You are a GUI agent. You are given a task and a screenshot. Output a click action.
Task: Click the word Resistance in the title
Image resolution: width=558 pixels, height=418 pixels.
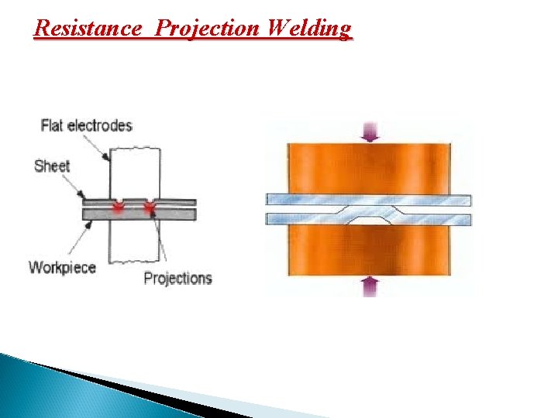(88, 29)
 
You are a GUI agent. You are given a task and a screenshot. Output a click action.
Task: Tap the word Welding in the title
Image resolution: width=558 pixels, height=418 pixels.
(308, 29)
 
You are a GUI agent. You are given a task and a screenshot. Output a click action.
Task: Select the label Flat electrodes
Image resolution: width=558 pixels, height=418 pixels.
(86, 125)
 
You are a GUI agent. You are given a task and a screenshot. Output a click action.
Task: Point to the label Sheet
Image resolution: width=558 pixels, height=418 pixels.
(52, 165)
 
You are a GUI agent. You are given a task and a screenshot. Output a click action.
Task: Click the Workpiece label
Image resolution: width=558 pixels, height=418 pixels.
(62, 268)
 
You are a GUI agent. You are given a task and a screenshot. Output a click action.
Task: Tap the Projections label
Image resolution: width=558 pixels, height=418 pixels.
(177, 278)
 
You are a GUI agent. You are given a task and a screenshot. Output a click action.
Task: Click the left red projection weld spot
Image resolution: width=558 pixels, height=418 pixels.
(119, 206)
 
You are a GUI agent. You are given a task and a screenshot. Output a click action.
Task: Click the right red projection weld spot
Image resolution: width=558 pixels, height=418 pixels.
(149, 206)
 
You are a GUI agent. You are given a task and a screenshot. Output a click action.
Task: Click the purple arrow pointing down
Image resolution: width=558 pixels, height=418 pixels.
(370, 132)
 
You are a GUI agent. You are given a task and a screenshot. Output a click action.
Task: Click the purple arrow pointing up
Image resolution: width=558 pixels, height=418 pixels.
(370, 286)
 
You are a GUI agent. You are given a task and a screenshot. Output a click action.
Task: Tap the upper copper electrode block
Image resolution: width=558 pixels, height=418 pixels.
(368, 166)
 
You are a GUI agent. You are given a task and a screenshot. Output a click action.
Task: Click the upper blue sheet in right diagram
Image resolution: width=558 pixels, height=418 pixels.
(310, 199)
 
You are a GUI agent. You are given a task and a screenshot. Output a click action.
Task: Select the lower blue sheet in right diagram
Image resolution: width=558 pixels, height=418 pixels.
(302, 219)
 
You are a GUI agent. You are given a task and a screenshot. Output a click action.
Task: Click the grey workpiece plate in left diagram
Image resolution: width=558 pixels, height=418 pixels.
(101, 214)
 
